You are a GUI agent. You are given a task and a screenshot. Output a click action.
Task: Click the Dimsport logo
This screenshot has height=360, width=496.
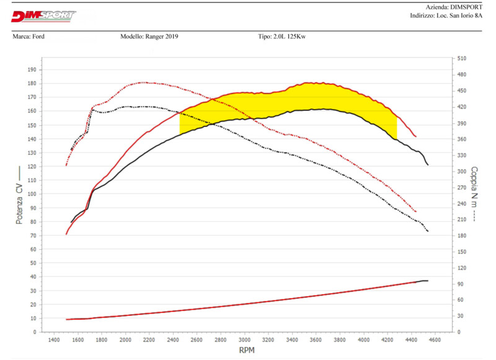(x=43, y=15)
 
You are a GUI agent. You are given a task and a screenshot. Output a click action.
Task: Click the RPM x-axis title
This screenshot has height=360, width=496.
(x=246, y=350)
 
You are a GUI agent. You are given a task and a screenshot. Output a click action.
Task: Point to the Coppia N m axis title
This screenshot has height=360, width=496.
(x=474, y=194)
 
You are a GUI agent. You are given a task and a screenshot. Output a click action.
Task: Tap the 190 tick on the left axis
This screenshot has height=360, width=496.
(x=32, y=69)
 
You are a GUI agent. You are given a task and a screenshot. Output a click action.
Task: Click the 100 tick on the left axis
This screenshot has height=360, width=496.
(x=32, y=194)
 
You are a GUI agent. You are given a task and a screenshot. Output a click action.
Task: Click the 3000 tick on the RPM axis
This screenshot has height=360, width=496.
(x=245, y=340)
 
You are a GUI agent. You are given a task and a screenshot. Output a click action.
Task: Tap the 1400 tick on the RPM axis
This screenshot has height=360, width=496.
(x=54, y=340)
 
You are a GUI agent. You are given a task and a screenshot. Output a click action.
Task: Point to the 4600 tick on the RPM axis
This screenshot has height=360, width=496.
(x=436, y=340)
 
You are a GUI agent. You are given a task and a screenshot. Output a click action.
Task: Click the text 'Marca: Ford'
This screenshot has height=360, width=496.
(x=29, y=37)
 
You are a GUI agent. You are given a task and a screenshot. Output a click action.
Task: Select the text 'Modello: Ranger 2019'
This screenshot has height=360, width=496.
(x=149, y=37)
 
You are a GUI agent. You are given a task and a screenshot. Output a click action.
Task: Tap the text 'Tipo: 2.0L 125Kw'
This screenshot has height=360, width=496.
(x=282, y=37)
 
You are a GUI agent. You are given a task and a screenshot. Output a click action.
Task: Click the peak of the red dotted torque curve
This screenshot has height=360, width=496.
(x=143, y=82)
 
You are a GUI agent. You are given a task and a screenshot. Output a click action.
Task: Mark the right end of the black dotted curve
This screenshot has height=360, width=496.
(x=428, y=232)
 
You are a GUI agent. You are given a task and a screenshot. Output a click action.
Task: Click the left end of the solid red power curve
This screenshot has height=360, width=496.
(x=66, y=234)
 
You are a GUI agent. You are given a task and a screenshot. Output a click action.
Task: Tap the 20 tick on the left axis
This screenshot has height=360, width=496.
(x=32, y=304)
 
